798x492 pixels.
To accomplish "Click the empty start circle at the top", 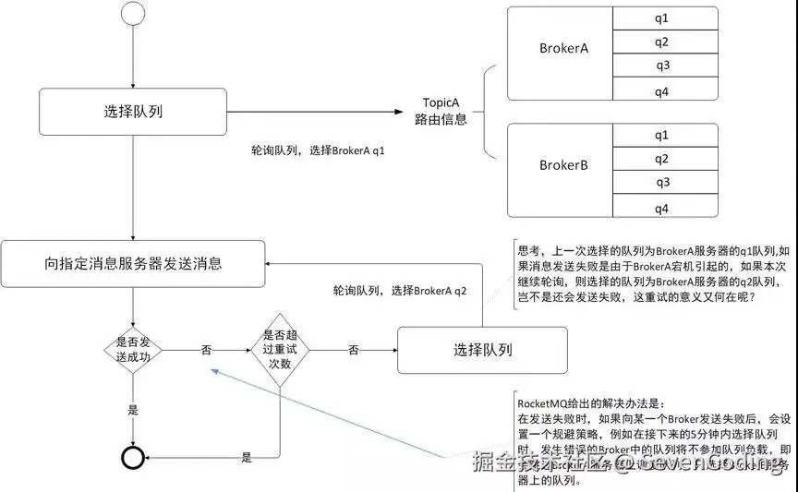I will coord(134,15).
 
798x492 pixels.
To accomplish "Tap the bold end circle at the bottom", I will coord(135,458).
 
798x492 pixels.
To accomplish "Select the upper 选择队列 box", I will coord(134,113).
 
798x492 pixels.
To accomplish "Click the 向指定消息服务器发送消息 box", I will coord(133,264).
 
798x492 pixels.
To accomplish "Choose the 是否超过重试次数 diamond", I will coord(279,349).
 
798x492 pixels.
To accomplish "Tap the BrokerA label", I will coord(563,48).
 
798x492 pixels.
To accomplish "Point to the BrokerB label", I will coord(563,166).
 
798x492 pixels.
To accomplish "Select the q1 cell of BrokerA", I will coord(661,18).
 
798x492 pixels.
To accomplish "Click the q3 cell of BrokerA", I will coord(661,66).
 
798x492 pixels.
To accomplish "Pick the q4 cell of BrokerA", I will coord(661,90).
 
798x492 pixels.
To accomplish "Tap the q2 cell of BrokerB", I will coord(661,159).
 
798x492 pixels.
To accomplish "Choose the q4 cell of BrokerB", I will coord(661,208).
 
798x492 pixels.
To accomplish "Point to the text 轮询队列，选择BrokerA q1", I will coord(318,149).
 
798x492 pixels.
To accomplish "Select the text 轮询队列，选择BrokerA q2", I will coord(400,291).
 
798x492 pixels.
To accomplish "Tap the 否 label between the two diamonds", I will coord(206,350).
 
